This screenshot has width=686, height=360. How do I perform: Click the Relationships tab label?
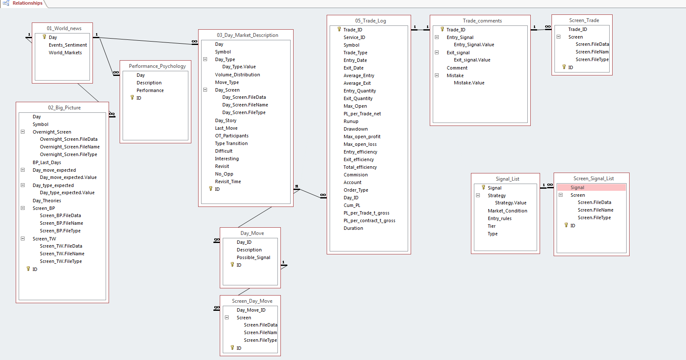pyautogui.click(x=27, y=3)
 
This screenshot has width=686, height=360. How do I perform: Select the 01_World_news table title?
pyautogui.click(x=64, y=28)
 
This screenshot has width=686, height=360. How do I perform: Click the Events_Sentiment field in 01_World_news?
pyautogui.click(x=68, y=45)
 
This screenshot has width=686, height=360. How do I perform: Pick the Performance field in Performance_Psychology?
pyautogui.click(x=150, y=90)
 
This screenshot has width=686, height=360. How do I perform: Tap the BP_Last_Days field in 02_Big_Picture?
pyautogui.click(x=47, y=162)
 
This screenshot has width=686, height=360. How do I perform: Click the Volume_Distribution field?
pyautogui.click(x=237, y=75)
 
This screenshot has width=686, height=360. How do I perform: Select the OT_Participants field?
pyautogui.click(x=232, y=136)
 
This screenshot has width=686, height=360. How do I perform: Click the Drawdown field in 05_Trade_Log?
pyautogui.click(x=356, y=129)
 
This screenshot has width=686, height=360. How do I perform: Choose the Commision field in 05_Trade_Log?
pyautogui.click(x=356, y=175)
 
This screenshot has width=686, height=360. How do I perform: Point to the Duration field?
pyautogui.click(x=353, y=228)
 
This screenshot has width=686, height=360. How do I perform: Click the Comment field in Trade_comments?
pyautogui.click(x=457, y=68)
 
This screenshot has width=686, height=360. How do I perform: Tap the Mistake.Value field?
pyautogui.click(x=469, y=83)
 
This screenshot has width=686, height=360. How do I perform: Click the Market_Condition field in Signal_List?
pyautogui.click(x=507, y=211)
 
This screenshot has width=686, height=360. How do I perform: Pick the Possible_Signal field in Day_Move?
pyautogui.click(x=253, y=257)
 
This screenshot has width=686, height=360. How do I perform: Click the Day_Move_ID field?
pyautogui.click(x=251, y=310)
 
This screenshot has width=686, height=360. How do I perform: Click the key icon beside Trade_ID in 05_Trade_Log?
pyautogui.click(x=339, y=29)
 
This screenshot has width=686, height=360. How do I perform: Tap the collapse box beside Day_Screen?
pyautogui.click(x=205, y=90)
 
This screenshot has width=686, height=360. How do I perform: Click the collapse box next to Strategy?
pyautogui.click(x=478, y=195)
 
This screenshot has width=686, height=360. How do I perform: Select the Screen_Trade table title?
pyautogui.click(x=584, y=20)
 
